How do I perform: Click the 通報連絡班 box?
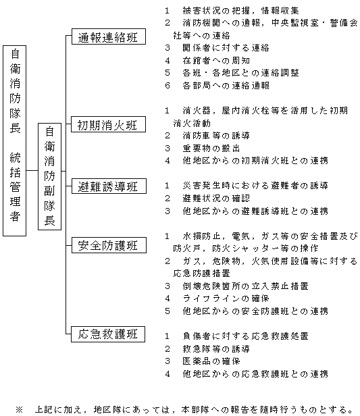[109, 36]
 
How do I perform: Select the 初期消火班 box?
[108, 124]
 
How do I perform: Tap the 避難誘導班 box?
[109, 186]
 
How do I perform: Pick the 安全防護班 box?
[109, 245]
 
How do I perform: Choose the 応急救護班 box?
[108, 334]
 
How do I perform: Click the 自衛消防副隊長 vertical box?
[49, 176]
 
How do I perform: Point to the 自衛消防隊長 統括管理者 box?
[15, 140]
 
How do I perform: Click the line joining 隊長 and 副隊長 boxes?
[32, 170]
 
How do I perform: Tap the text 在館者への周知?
[216, 61]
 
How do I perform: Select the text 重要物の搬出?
[211, 148]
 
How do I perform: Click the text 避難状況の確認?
[216, 198]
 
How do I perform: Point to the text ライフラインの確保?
[226, 298]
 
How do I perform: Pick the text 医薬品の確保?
[211, 361]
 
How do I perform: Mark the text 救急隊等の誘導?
[216, 348]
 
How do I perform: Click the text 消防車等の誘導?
[216, 136]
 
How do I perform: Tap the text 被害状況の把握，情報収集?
[241, 11]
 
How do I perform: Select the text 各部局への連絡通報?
[226, 85]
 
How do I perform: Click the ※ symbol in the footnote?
[20, 409]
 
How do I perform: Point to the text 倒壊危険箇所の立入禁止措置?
[246, 286]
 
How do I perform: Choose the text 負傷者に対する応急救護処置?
[246, 336]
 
